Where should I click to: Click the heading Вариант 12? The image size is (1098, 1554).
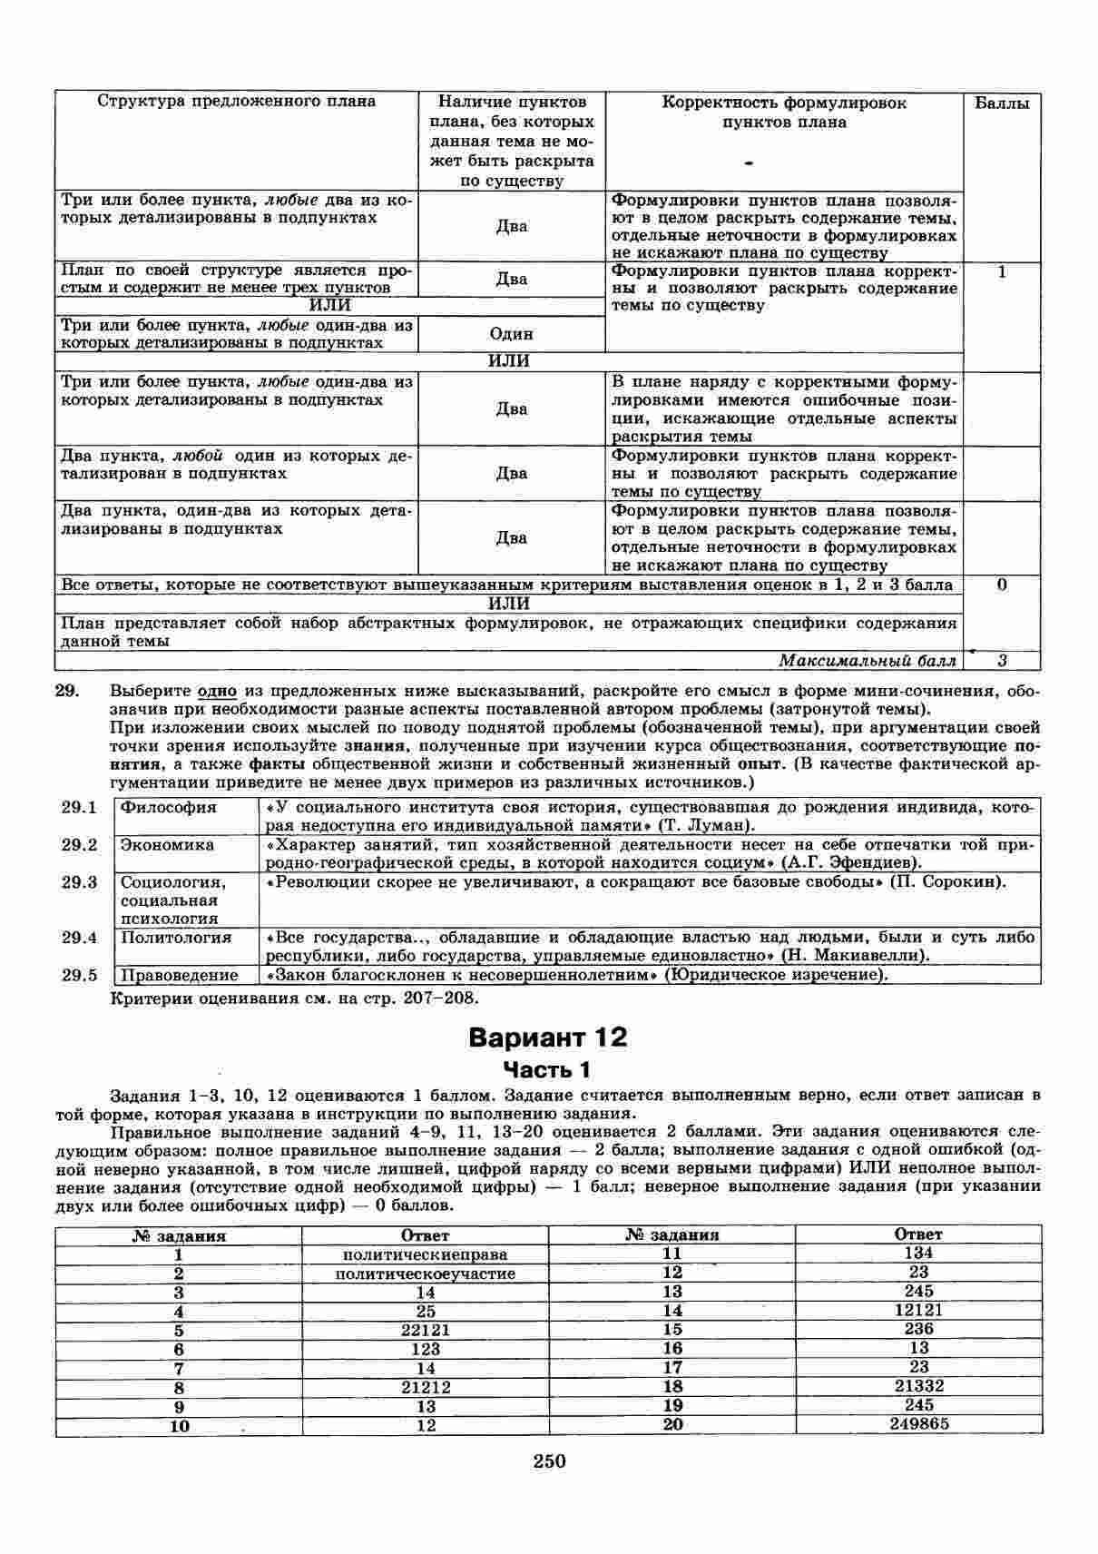click(x=548, y=1038)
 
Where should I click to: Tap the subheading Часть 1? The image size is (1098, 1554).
click(x=547, y=1068)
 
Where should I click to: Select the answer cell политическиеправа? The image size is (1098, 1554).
click(x=426, y=1254)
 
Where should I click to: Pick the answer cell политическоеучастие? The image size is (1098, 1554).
click(x=426, y=1274)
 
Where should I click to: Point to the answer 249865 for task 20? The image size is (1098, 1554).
click(x=919, y=1424)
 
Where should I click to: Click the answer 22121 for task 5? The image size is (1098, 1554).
click(x=426, y=1330)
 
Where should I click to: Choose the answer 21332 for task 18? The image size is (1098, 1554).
click(x=919, y=1386)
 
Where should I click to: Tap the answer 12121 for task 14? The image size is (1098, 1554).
click(x=919, y=1310)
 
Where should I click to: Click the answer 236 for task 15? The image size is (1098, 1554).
click(x=919, y=1329)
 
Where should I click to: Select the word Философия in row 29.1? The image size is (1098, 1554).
click(x=170, y=807)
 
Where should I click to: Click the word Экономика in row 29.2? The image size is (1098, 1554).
click(x=168, y=845)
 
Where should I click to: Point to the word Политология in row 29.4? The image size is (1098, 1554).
click(x=177, y=938)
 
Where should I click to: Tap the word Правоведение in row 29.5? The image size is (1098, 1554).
click(x=180, y=975)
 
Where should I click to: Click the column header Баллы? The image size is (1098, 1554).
click(x=1002, y=103)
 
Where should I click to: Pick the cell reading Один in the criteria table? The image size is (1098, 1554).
click(x=512, y=334)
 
